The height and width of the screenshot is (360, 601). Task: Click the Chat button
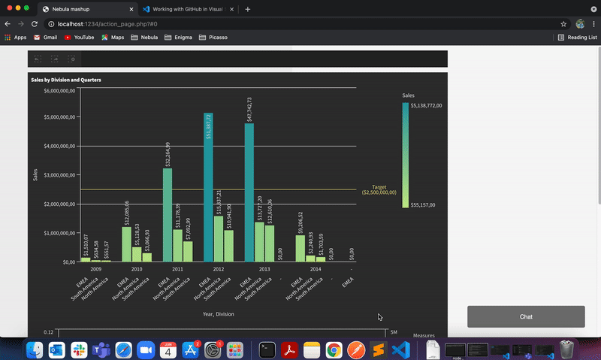coord(526,316)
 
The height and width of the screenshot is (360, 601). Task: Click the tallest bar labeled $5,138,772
coord(208,188)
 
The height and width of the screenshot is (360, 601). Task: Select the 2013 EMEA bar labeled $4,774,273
coord(249,192)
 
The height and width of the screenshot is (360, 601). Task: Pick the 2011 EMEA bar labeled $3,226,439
coord(168,215)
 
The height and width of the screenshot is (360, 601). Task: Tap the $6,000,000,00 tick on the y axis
coord(59,91)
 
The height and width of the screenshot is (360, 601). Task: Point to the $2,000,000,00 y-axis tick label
coord(59,204)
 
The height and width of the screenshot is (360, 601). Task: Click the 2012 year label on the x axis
coord(219,269)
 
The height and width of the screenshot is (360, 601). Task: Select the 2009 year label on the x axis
coord(96,269)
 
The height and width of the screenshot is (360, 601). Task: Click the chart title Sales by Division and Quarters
coord(66,80)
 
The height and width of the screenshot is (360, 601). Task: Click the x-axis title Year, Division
coord(218,313)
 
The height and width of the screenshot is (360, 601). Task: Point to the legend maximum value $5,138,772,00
coord(426,105)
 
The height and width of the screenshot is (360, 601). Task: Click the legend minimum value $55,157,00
coord(424,205)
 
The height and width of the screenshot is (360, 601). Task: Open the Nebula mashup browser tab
coord(83,9)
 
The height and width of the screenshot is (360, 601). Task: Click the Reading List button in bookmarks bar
coord(578,37)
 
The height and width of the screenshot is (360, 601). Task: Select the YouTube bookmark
coord(79,37)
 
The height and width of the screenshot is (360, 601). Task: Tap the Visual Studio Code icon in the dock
coord(400,349)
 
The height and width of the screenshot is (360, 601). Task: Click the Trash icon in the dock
coord(567,349)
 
